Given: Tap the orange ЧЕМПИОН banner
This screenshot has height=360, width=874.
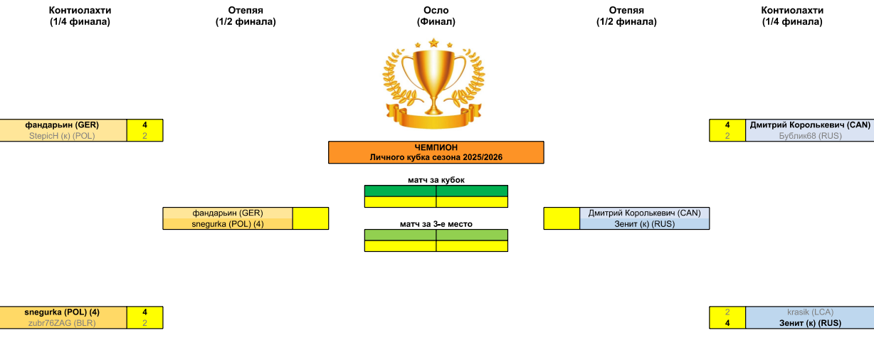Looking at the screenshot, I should click(x=436, y=152).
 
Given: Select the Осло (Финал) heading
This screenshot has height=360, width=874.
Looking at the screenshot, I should click(x=436, y=16).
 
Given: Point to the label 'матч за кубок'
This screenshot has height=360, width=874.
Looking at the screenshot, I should click(x=436, y=180).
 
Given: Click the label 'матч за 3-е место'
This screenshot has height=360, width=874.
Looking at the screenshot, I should click(x=436, y=224).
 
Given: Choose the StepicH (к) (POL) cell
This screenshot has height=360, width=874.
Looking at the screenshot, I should click(x=62, y=136).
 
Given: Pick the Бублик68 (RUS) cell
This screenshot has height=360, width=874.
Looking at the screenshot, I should click(x=809, y=136).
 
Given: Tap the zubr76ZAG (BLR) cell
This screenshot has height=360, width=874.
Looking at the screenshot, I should click(x=62, y=323).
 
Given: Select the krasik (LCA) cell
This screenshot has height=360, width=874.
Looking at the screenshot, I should click(x=809, y=312).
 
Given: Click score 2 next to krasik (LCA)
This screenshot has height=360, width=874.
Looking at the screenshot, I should click(x=727, y=312).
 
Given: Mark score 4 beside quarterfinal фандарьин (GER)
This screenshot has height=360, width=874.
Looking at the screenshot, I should click(x=144, y=125).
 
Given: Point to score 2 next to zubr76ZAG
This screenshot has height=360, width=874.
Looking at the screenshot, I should click(x=144, y=323).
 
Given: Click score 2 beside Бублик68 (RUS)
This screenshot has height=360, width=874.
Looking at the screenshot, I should click(x=727, y=136).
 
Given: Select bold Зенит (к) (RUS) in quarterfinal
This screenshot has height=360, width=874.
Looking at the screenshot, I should click(x=809, y=323).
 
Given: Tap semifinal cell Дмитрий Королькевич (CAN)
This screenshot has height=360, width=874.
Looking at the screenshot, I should click(x=644, y=213).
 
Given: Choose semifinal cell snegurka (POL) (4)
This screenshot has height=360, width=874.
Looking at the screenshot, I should click(x=228, y=224).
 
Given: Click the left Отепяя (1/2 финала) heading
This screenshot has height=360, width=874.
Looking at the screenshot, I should click(x=246, y=16).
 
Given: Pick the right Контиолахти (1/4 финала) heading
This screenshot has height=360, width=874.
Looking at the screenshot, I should click(x=792, y=16).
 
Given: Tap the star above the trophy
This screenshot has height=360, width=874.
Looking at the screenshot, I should click(x=433, y=43).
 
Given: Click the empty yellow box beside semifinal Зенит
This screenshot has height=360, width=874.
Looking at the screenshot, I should click(x=562, y=218).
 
